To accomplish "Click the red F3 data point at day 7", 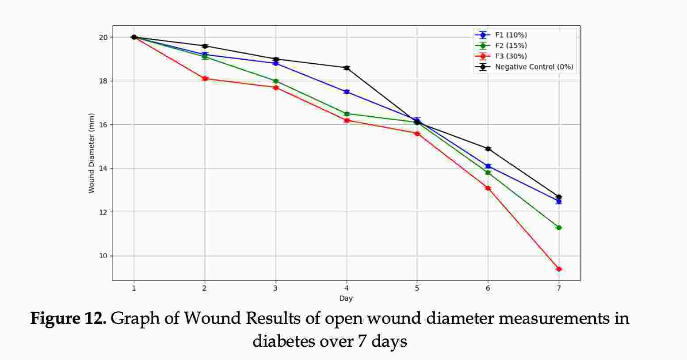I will point(559,269).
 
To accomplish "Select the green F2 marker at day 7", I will point(559,227).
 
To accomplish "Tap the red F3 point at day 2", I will point(205,79).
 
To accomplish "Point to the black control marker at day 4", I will point(347,68).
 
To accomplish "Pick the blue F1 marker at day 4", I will point(347,92).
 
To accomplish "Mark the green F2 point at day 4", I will point(347,114).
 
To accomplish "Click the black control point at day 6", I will point(488,149).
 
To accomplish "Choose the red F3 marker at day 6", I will point(488,188).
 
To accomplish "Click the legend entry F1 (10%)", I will point(511,35).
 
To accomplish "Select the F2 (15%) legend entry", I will point(511,46).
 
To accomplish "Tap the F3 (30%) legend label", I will point(511,56).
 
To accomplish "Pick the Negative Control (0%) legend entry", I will point(534,67).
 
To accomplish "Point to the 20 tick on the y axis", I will point(103,37).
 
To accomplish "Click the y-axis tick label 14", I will point(103,169).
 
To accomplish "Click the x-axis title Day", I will point(346,299).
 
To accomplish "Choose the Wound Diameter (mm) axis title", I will point(92,153).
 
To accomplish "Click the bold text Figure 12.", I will point(68,318).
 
